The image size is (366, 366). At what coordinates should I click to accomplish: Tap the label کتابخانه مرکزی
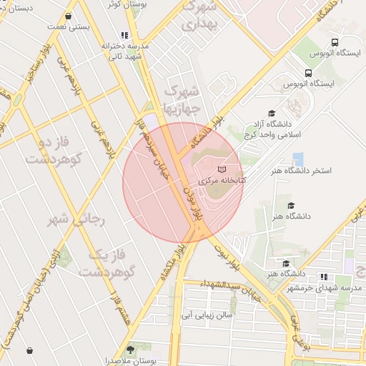[x=222, y=181]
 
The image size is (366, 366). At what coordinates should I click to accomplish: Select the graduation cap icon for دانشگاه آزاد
[x=271, y=113]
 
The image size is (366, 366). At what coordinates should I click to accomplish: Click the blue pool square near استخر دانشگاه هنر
[x=297, y=159]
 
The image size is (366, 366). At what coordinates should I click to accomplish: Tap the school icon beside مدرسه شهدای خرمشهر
[x=324, y=277]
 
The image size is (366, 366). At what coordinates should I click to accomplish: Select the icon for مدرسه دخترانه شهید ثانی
[x=125, y=34]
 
